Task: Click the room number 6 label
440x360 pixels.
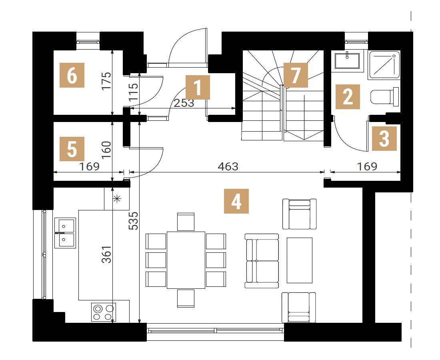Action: pos(72,75)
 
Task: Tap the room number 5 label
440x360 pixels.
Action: pos(72,149)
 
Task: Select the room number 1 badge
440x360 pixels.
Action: pos(198,87)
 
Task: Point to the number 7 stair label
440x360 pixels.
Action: pos(296,75)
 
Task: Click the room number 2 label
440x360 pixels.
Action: pos(348,96)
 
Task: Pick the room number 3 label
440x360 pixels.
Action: pos(384,138)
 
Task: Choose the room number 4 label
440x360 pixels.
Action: pos(236,201)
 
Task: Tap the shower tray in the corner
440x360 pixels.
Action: pos(384,64)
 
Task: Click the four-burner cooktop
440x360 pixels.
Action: pos(103,312)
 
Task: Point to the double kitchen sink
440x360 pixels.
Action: pos(65,233)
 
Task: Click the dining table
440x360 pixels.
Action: pos(186,260)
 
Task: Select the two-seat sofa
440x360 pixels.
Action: pos(262,261)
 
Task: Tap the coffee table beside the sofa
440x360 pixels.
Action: pos(300,260)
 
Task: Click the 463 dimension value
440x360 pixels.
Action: pos(228,167)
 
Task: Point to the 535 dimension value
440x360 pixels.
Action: pos(134,220)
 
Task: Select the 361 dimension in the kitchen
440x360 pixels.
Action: pos(107,254)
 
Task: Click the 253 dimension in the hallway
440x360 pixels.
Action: pos(184,103)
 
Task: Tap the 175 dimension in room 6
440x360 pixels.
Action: pos(107,81)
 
